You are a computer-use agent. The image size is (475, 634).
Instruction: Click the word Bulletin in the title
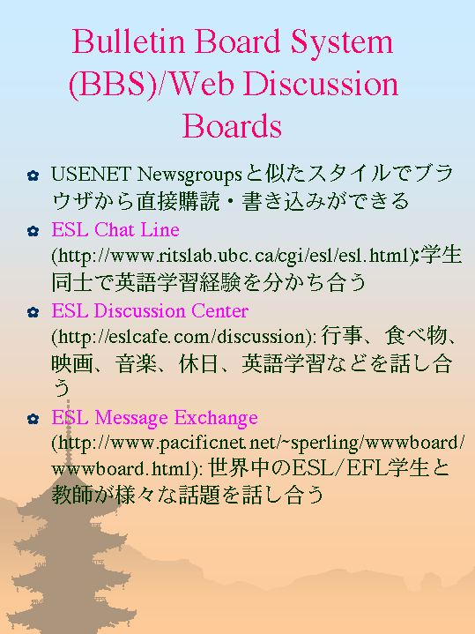tap(129, 41)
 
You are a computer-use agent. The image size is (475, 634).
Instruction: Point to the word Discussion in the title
tap(321, 84)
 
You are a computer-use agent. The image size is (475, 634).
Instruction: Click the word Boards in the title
tap(232, 126)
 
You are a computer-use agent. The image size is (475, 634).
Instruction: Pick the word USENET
tap(91, 175)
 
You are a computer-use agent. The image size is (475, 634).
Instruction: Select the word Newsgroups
tap(189, 175)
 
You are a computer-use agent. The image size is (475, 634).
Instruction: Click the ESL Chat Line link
tap(115, 229)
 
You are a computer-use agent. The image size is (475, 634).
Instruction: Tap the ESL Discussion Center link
tap(150, 311)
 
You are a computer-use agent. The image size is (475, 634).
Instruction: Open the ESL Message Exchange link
tap(155, 418)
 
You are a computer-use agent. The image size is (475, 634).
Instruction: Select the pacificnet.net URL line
tap(258, 444)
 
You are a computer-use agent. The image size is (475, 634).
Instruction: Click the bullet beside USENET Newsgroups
tap(33, 175)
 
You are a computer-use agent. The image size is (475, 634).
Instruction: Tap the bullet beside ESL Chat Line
tap(33, 231)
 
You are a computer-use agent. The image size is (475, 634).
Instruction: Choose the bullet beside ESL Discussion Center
tap(33, 312)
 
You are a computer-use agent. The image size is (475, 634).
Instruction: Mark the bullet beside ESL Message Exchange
tap(33, 419)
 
